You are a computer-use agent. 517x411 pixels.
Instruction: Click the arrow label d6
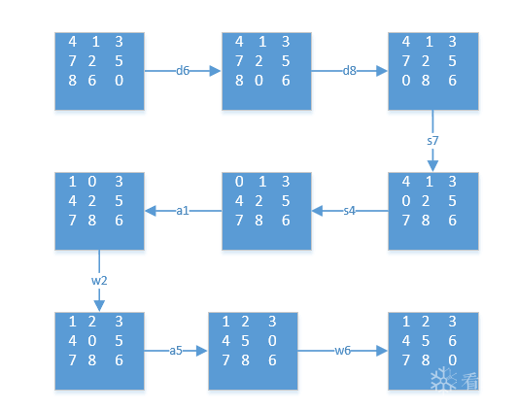183,71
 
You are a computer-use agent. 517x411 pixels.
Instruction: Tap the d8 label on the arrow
350,71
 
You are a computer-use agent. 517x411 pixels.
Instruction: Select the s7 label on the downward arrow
432,141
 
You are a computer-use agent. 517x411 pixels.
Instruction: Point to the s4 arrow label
350,211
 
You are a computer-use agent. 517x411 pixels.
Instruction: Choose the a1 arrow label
183,211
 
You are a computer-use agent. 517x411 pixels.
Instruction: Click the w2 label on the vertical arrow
99,281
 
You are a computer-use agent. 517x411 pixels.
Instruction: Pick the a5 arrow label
176,351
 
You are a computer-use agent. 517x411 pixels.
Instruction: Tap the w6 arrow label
343,351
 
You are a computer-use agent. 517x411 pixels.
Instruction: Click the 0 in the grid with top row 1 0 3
92,182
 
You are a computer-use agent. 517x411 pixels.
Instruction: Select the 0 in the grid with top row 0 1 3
239,182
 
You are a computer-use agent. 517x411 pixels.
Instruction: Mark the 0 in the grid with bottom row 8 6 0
119,81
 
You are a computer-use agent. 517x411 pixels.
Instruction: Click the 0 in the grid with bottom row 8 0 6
258,81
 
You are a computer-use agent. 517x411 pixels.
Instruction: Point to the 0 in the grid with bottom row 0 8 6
406,81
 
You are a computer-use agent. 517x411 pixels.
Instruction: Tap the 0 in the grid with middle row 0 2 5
406,201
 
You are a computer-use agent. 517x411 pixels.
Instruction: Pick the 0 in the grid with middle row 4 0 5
92,341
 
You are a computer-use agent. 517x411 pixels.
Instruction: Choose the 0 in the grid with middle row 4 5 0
272,341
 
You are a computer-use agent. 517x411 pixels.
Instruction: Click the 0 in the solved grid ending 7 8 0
453,360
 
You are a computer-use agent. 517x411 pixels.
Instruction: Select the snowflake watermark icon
443,379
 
